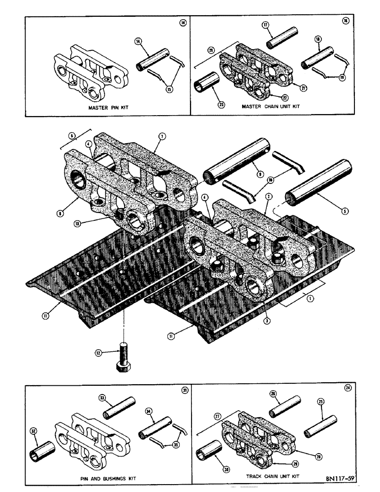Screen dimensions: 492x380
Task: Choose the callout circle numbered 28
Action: [x=318, y=457]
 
